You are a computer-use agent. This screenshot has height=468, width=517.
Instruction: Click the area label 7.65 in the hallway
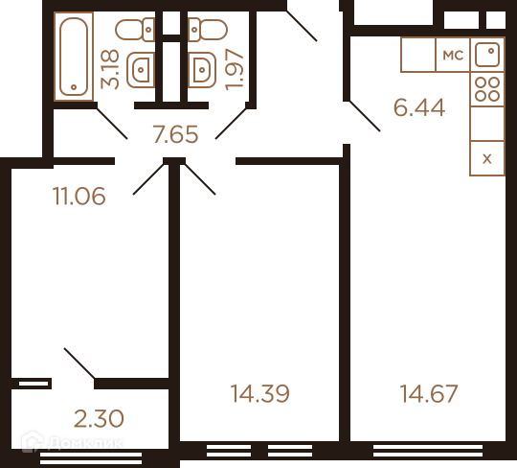(175, 134)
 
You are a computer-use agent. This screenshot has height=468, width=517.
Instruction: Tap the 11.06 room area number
(79, 196)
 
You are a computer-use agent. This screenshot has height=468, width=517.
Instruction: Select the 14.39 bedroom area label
(259, 393)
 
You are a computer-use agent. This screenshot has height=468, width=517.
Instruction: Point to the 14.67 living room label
(429, 393)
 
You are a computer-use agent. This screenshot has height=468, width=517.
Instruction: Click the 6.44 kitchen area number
(419, 107)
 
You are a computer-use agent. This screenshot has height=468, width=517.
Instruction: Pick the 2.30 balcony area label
(99, 418)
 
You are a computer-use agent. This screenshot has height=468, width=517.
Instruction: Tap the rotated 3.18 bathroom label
(109, 69)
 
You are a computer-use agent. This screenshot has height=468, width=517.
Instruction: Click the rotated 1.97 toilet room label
(235, 69)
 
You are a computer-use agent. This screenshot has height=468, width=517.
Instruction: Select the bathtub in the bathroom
(74, 57)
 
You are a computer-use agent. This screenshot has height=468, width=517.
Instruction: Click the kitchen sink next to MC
(487, 55)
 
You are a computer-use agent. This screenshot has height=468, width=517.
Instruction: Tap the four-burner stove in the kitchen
(487, 89)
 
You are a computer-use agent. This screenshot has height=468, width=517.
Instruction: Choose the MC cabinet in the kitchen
(453, 55)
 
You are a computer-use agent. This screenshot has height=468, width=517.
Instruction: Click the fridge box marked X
(487, 158)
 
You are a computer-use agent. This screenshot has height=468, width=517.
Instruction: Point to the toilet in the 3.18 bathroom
(135, 30)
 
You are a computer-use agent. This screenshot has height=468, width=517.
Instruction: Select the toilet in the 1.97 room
(208, 30)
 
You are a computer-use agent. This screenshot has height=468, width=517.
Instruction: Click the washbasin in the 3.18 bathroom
(141, 70)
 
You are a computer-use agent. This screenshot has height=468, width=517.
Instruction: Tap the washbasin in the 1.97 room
(202, 70)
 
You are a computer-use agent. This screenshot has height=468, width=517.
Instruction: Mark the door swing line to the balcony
(79, 363)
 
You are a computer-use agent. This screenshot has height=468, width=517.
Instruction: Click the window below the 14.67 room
(428, 451)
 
